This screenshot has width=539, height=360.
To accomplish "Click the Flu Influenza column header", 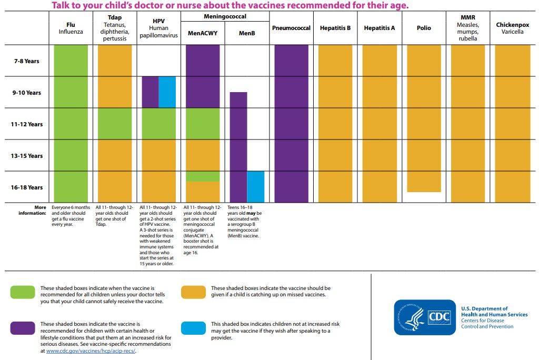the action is (71, 28).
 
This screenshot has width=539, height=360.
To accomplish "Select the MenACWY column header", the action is (203, 33).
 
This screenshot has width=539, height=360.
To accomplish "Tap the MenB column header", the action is (247, 33).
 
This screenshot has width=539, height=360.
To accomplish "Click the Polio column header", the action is (424, 28).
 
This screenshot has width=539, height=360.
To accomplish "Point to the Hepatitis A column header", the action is (379, 28).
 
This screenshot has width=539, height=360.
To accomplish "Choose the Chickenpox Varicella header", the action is (512, 28).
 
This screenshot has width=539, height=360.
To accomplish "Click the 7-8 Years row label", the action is (26, 61).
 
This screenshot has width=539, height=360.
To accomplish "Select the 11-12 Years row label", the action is (26, 124).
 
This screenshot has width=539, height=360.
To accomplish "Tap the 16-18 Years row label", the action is (26, 187).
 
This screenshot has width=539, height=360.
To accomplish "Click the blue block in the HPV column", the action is (167, 92).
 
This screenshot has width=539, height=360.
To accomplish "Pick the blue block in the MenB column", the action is (255, 187).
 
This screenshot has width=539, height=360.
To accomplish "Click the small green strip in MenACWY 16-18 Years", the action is (203, 176).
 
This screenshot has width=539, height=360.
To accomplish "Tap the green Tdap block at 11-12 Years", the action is (115, 124).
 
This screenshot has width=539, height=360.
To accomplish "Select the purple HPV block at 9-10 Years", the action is (150, 92).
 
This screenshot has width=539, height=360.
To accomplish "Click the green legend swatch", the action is (23, 292).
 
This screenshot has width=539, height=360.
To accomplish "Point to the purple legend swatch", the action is (23, 328).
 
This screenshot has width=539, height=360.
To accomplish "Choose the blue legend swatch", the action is (193, 328).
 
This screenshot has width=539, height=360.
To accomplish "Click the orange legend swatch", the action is (193, 292).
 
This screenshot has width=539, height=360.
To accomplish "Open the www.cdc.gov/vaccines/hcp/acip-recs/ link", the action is (91, 351).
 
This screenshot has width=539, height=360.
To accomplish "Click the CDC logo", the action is (425, 317).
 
